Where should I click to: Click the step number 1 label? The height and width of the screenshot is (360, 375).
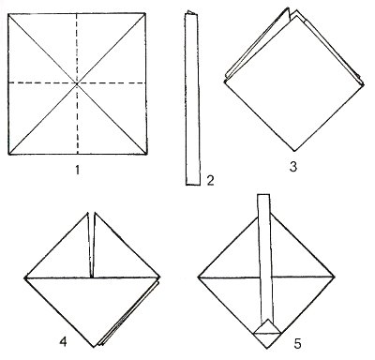(77, 171)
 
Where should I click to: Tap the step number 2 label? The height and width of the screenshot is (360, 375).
(210, 180)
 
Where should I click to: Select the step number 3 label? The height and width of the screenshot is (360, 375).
(292, 167)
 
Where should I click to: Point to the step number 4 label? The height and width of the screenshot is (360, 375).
(63, 342)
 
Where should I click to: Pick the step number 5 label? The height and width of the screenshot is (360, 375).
(297, 344)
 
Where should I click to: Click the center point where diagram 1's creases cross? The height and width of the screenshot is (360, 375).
(77, 83)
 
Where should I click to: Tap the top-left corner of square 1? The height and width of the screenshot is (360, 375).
(8, 14)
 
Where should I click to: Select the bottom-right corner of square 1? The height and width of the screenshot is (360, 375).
(146, 155)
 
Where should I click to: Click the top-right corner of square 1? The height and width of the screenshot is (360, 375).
(145, 13)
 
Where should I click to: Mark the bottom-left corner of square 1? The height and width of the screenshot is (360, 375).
(8, 155)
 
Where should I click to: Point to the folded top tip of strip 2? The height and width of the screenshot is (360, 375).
(189, 12)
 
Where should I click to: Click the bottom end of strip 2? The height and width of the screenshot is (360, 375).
(193, 185)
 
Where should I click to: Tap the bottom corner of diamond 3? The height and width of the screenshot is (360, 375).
(293, 151)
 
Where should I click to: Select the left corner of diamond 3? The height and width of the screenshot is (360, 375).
(224, 82)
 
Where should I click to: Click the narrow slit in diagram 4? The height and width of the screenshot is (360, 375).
(91, 246)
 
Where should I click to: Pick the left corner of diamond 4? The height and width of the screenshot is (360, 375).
(25, 277)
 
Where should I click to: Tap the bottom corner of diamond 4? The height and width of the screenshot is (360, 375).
(94, 347)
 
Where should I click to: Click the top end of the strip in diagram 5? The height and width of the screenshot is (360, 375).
(263, 195)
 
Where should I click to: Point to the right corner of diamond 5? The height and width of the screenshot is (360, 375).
(335, 277)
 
